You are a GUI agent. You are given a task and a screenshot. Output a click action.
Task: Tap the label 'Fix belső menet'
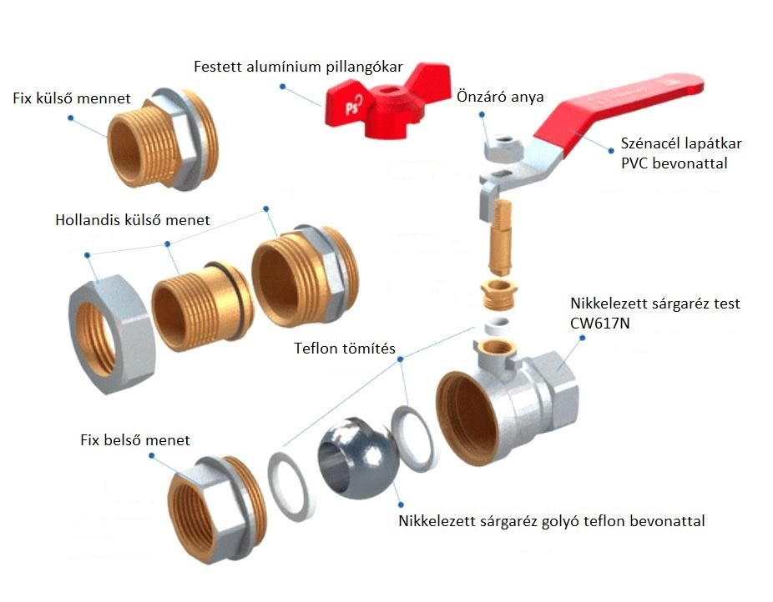click(x=134, y=439)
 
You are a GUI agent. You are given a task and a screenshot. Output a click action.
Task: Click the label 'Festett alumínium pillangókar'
click(x=298, y=66)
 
